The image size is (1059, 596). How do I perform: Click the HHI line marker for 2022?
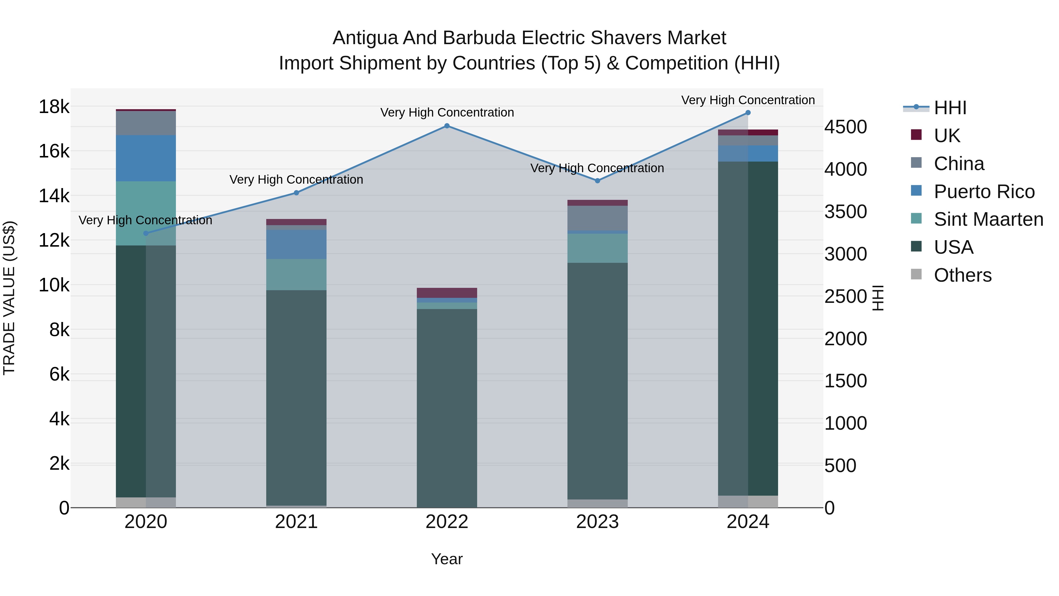point(447,126)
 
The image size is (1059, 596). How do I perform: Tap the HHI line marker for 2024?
point(748,113)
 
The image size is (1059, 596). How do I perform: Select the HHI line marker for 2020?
point(146,233)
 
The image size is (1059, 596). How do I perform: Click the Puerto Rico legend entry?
point(984,192)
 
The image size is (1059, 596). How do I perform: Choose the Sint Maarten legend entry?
point(988,219)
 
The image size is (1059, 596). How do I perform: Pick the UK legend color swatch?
point(916,135)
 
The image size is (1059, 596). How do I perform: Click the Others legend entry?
point(963,275)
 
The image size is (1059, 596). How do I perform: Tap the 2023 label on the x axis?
point(597,522)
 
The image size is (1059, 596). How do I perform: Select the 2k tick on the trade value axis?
point(59,464)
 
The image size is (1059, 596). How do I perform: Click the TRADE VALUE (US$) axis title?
point(9,298)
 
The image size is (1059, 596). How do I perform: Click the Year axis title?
point(447,559)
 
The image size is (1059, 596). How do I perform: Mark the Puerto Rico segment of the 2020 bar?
point(146,158)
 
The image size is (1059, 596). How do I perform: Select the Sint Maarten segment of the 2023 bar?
point(597,248)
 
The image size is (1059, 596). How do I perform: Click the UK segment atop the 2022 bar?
point(447,293)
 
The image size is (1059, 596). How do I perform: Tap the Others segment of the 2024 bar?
point(748,502)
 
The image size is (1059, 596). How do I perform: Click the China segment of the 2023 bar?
point(597,218)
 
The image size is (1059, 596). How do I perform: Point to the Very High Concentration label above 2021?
point(296,180)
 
